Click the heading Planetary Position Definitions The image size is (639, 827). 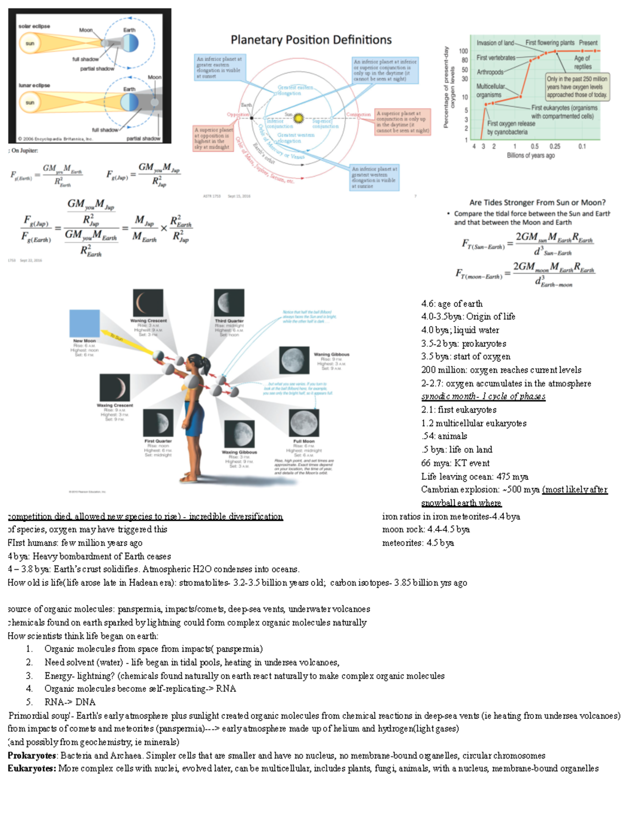[311, 40]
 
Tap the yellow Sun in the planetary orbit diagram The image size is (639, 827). [299, 118]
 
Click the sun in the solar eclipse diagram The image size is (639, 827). [30, 44]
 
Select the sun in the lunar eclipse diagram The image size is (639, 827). [30, 102]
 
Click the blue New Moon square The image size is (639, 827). [85, 323]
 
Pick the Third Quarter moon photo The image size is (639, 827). [229, 303]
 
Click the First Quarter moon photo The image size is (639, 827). [158, 423]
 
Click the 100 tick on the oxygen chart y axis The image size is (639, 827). [463, 51]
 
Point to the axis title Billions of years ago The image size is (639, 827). [530, 155]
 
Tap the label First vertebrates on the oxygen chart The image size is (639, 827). [496, 58]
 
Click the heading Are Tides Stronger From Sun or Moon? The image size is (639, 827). [537, 202]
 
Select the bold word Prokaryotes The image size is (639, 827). [32, 756]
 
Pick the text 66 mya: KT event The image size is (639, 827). [455, 463]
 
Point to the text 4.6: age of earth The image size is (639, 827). [452, 304]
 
